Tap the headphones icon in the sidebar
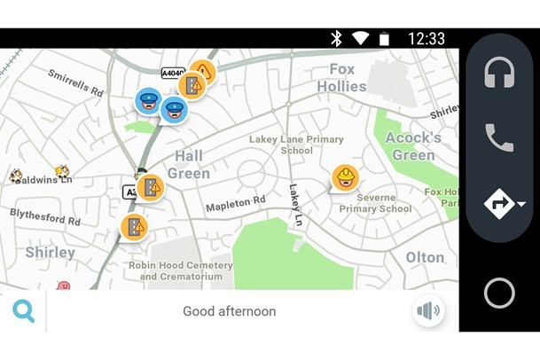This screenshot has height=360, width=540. (x=499, y=72)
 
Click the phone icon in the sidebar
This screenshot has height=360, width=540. (x=499, y=137)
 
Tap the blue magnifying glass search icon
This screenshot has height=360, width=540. (x=23, y=311)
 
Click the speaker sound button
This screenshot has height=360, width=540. (x=428, y=311)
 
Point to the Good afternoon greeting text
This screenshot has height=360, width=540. (x=229, y=311)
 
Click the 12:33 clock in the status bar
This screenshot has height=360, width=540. (x=427, y=38)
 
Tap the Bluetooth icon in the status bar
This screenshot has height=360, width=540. (x=336, y=38)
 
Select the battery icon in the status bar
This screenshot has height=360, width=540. (x=384, y=38)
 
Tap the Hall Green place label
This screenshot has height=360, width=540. (x=189, y=164)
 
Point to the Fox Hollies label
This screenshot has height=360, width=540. (x=341, y=78)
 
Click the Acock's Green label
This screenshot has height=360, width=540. (x=413, y=146)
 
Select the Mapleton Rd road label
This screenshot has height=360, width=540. (x=236, y=203)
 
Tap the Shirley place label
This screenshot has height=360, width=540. (x=50, y=253)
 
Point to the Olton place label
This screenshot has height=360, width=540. (x=424, y=257)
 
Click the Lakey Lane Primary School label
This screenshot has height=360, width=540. (x=296, y=145)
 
